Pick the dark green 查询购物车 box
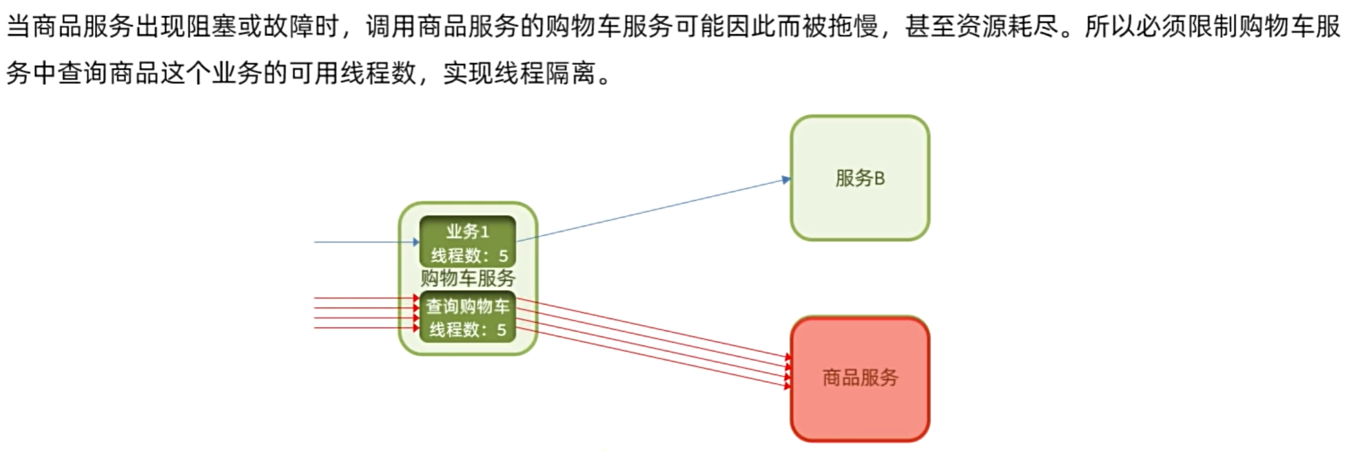click(x=468, y=317)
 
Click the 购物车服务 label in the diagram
click(x=468, y=278)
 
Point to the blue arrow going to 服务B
click(x=655, y=209)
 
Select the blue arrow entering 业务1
click(x=365, y=242)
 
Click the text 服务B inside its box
click(x=859, y=178)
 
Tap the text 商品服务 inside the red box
click(x=860, y=377)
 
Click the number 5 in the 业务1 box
click(x=503, y=256)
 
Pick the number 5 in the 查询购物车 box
click(x=502, y=330)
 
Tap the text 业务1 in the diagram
click(x=467, y=232)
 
